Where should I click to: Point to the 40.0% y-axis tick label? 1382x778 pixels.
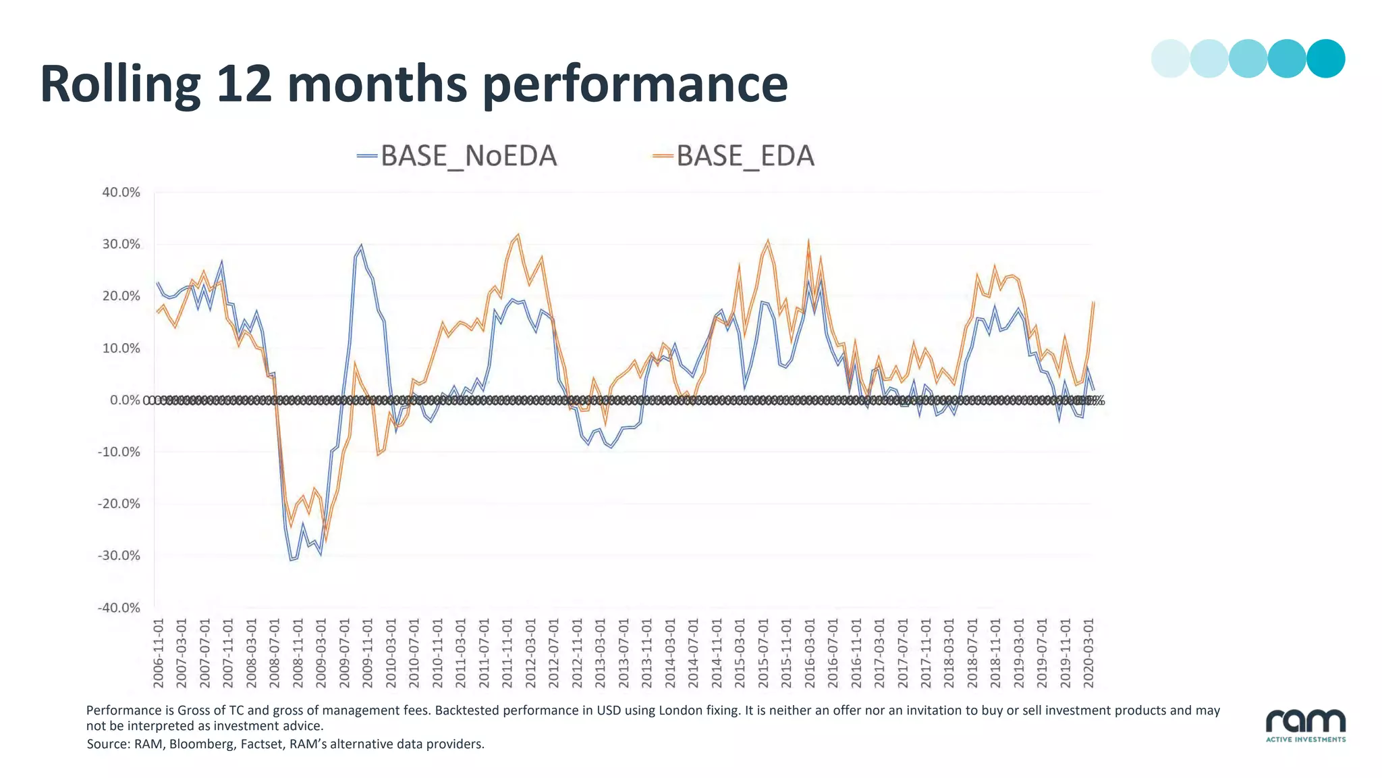coord(121,192)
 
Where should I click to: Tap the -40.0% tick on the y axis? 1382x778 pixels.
coord(119,608)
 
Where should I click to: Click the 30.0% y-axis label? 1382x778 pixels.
coord(121,244)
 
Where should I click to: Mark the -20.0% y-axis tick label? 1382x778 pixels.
coord(119,504)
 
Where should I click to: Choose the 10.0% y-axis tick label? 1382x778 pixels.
coord(121,348)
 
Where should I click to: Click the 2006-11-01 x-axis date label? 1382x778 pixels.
coord(159,653)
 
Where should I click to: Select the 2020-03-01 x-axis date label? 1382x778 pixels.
coord(1088,653)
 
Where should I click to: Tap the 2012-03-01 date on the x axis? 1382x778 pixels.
coord(530,653)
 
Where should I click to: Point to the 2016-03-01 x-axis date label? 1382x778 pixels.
coord(810,653)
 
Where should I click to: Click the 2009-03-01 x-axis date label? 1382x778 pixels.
coord(321,653)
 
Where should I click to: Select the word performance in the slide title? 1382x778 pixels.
coord(635,84)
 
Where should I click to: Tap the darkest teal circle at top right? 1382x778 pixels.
coord(1325,59)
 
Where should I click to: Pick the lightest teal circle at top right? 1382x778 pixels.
coord(1170,59)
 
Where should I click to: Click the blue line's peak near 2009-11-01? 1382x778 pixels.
coord(361,246)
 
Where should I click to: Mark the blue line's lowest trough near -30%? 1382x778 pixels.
coord(292,560)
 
